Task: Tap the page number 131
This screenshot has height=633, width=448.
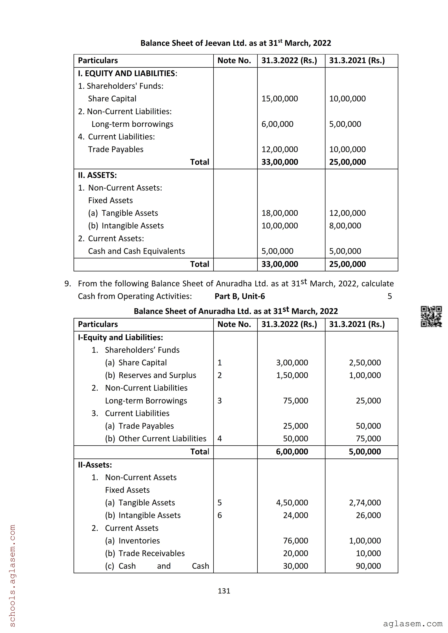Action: point(224,591)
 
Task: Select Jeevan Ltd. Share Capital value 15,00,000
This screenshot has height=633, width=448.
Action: point(280,99)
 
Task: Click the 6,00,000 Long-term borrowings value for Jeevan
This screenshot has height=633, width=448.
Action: point(277,124)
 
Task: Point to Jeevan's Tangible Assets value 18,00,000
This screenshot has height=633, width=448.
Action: point(280,213)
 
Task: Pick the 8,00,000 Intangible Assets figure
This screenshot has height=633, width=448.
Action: point(345,226)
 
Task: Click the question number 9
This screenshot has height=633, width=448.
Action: point(68,284)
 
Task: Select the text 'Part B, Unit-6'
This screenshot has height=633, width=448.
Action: point(240,296)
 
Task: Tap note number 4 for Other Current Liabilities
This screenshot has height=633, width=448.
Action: point(220,439)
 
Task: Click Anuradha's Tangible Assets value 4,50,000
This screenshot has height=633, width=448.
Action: point(292,503)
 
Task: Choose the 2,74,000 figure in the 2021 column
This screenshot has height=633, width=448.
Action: point(365,503)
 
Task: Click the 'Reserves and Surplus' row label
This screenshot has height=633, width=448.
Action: point(150,375)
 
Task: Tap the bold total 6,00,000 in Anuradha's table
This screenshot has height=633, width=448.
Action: point(292,452)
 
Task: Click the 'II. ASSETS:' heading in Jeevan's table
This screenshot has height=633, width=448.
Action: point(97,175)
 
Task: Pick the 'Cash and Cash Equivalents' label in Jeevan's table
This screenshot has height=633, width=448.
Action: point(136,251)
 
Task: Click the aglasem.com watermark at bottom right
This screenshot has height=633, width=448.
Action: point(412,624)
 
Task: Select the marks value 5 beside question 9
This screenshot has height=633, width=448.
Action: point(389,296)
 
